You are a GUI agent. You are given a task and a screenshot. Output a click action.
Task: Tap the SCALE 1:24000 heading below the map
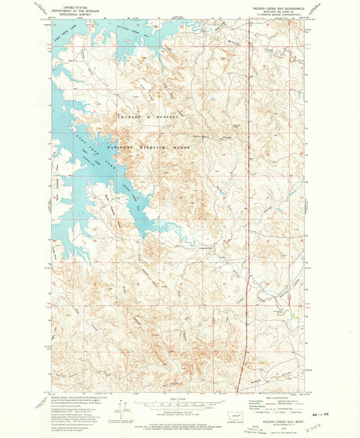pyautogui.click(x=177, y=398)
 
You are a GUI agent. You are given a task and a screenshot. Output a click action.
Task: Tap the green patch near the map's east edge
pyautogui.click(x=292, y=314)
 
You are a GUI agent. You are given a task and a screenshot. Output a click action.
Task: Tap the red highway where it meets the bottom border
pyautogui.click(x=238, y=388)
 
